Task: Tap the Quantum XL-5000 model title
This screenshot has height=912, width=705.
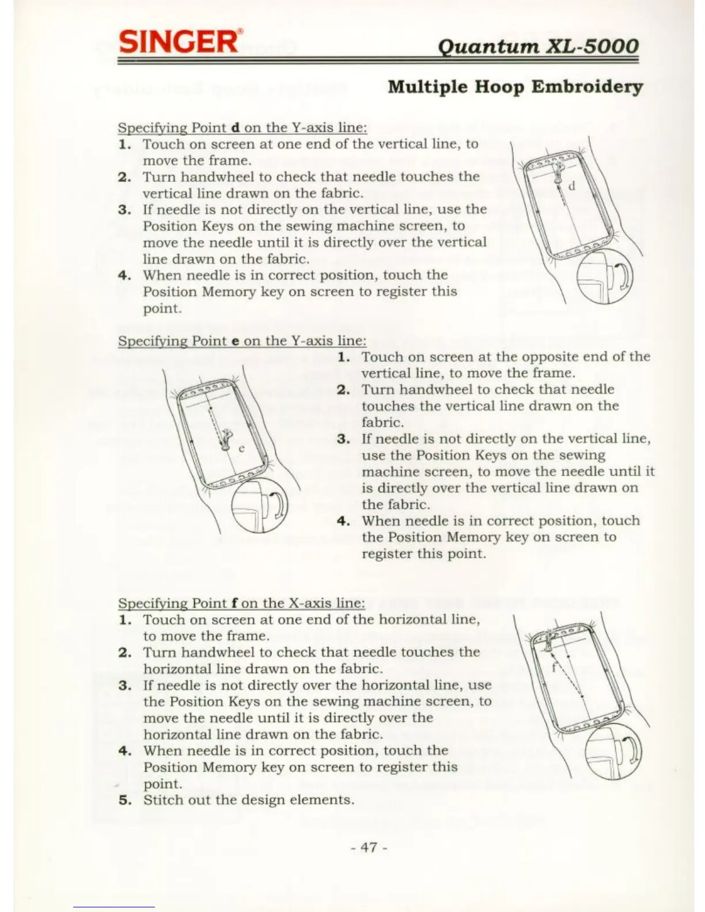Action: [538, 46]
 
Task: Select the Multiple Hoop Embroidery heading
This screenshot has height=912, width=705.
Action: [515, 87]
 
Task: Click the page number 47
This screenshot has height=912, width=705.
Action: [369, 846]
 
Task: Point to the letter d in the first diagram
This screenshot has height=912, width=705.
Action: [571, 186]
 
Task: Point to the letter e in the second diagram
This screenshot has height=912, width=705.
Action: [242, 448]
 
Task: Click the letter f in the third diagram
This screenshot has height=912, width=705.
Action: [554, 668]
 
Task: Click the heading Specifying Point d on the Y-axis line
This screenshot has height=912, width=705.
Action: [242, 127]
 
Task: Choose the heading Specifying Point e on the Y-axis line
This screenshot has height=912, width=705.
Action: [242, 341]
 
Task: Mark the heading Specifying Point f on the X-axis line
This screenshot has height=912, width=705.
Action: [241, 603]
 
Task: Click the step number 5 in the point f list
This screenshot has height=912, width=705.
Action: [124, 800]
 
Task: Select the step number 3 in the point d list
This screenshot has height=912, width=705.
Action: [124, 209]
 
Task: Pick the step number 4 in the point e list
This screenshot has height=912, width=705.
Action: [343, 521]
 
